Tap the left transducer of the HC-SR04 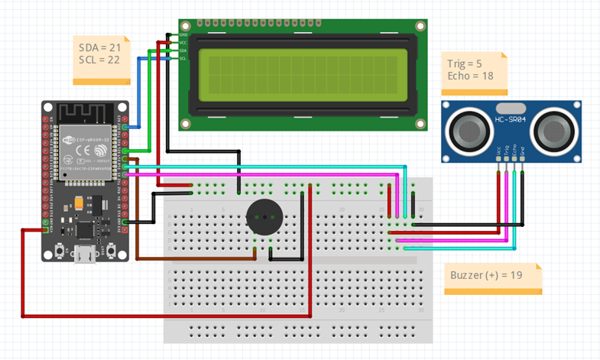[468, 129]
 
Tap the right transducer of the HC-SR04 [552, 129]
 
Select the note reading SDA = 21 [100, 48]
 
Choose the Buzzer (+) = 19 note [490, 274]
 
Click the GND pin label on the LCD [183, 35]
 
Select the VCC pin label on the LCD [183, 43]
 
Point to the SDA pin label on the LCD [183, 50]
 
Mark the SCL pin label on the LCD [183, 58]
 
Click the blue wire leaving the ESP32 [138, 92]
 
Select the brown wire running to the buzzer [138, 222]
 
